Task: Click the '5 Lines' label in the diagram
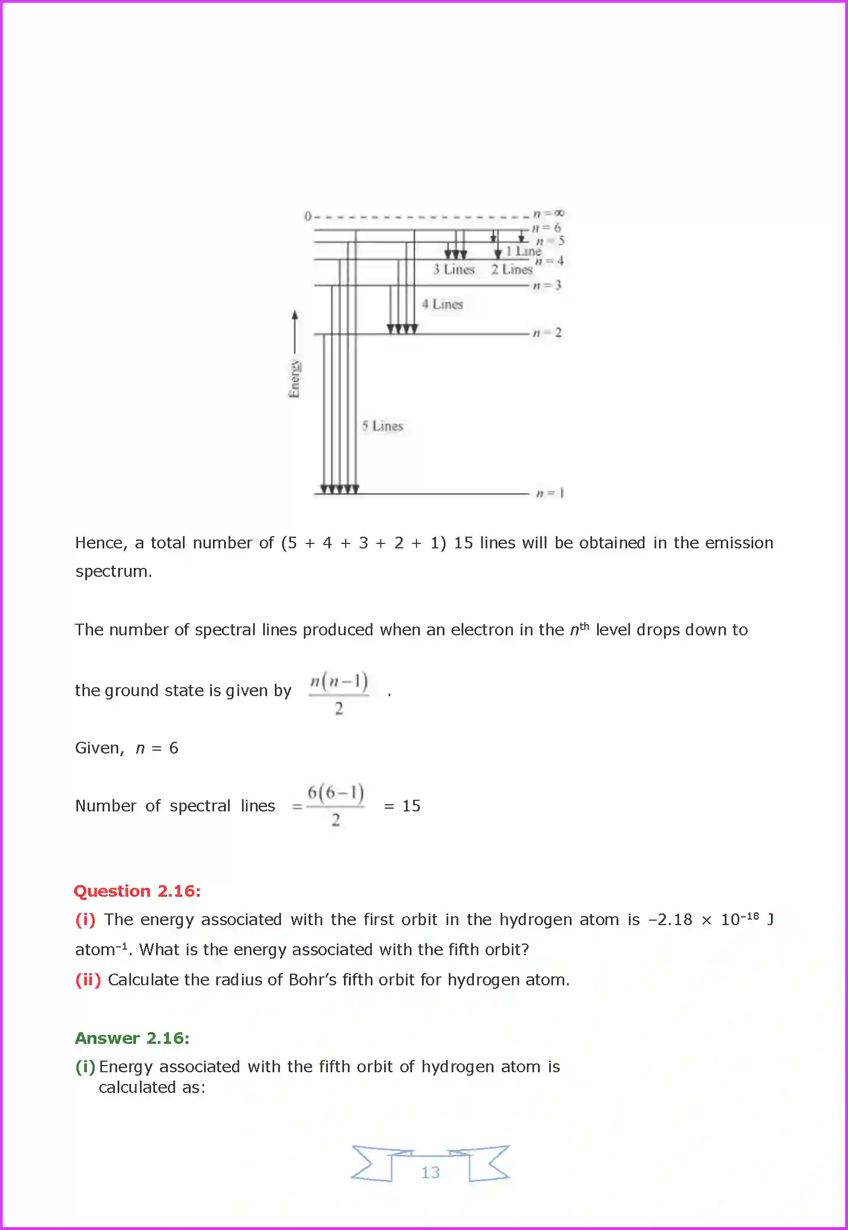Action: coord(382,426)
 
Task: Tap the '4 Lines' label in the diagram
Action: coord(442,304)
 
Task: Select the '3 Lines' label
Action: coord(454,270)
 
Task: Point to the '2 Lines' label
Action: coord(512,270)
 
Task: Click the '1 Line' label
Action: coord(524,251)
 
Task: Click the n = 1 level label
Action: coord(550,493)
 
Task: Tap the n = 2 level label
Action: coord(547,333)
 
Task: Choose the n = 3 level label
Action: coord(547,285)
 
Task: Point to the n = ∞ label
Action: coord(549,213)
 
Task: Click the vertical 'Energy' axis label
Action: coord(294,379)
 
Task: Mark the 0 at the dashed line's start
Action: coord(308,216)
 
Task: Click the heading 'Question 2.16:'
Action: coord(137,891)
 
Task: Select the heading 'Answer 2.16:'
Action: coord(132,1038)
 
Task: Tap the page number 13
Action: coord(430,1173)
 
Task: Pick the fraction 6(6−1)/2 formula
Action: coord(336,805)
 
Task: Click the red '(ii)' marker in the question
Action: coord(88,980)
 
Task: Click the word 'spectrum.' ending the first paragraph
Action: coord(114,572)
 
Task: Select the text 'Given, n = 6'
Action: coord(127,748)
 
